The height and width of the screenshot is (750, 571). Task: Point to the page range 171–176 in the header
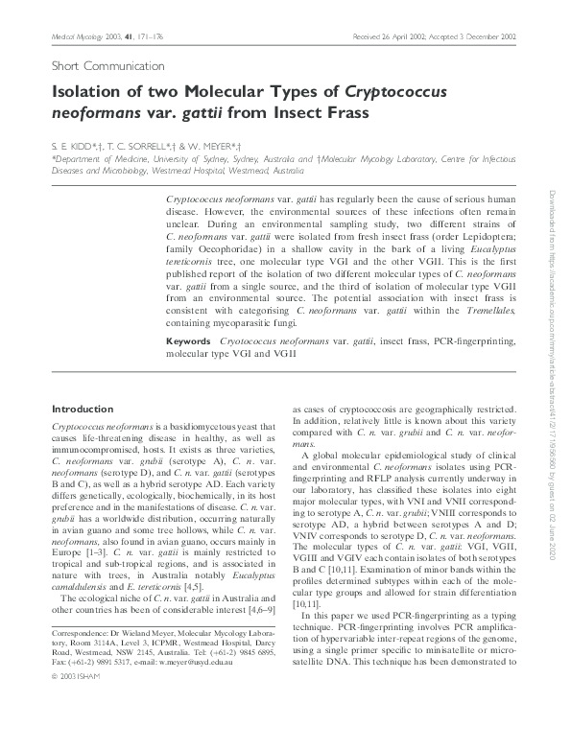click(150, 36)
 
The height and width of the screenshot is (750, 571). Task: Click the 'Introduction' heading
click(81, 408)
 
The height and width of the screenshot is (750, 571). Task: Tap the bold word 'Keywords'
click(189, 341)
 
